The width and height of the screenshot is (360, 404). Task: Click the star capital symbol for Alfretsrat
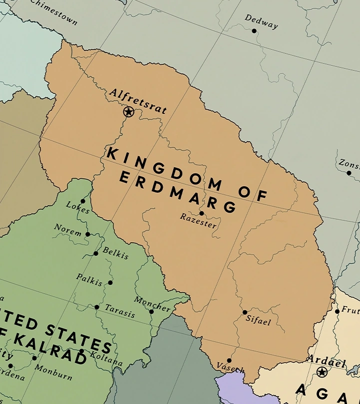128,112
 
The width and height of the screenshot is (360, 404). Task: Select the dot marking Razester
202,213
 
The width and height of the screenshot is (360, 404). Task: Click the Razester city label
199,221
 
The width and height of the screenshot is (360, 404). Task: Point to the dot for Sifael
245,312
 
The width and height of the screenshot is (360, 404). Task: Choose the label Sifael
258,320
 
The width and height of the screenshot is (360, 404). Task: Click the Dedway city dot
254,31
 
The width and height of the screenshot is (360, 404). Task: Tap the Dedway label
261,21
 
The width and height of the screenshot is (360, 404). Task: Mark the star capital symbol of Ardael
322,372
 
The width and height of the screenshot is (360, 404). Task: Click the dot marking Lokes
83,201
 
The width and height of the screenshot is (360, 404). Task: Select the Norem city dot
88,234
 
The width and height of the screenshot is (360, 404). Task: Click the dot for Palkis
110,283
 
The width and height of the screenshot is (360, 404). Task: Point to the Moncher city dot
152,312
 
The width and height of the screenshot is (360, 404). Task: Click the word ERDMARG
177,193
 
